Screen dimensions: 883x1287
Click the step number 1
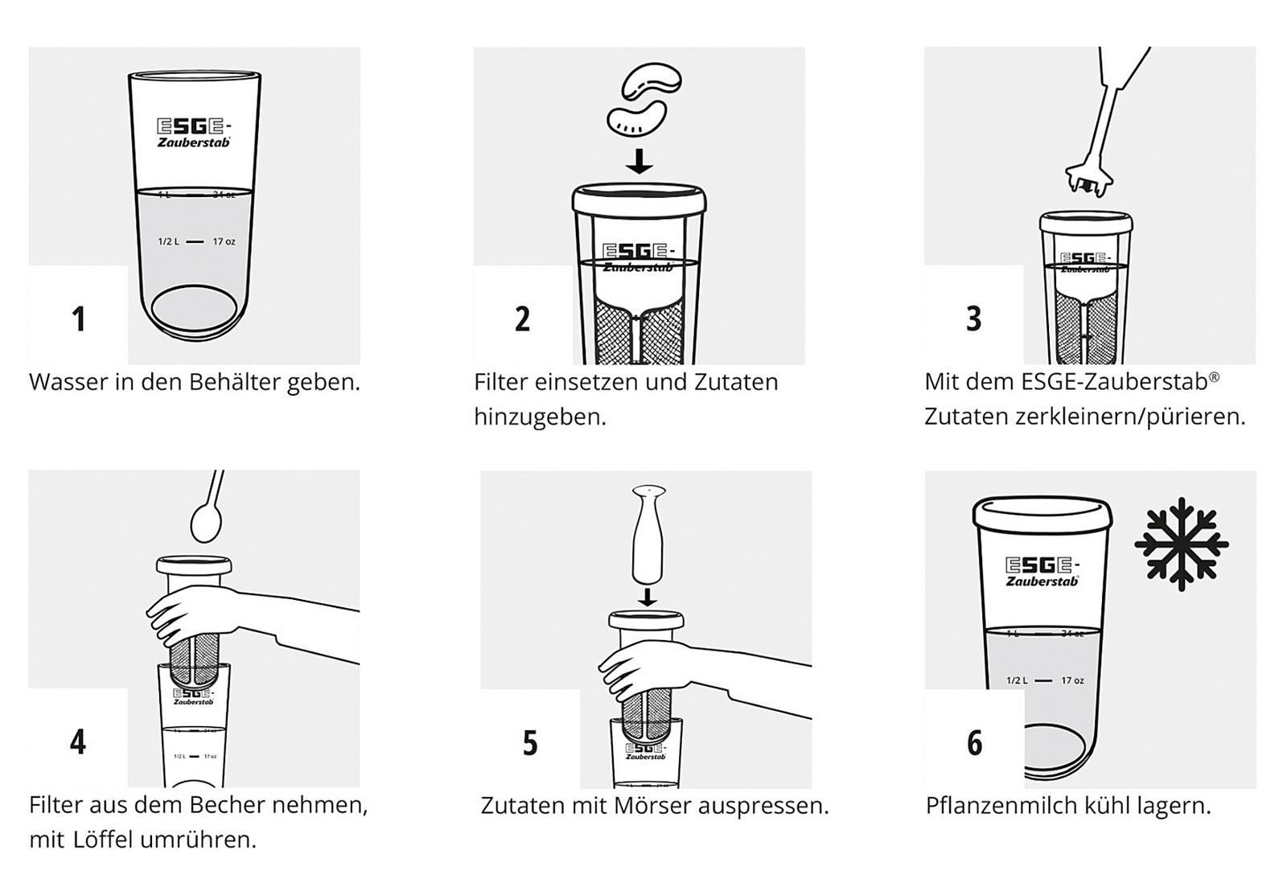[x=78, y=319]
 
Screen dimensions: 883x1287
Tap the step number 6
[x=974, y=743]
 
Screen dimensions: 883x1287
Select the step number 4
[x=78, y=741]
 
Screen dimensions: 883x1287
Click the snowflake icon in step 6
[x=1180, y=544]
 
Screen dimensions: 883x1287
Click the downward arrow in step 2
[x=639, y=160]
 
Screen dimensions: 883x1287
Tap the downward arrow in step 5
[x=648, y=596]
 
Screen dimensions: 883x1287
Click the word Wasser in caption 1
[x=68, y=382]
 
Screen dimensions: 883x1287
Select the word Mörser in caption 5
[x=652, y=805]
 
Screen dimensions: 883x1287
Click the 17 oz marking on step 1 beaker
[x=224, y=241]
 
